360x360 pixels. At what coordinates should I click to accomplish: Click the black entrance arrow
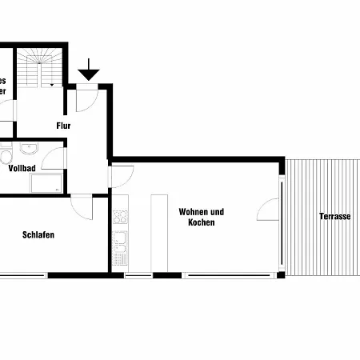point(88,71)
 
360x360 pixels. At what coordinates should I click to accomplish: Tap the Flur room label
point(64,126)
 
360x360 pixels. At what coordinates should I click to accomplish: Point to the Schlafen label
point(38,234)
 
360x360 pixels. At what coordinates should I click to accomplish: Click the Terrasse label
point(334,217)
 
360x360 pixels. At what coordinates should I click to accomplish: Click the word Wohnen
point(194,212)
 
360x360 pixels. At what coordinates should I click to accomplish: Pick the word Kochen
point(202,222)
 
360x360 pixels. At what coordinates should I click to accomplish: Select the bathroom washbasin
point(30,149)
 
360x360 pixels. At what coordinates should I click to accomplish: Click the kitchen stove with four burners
point(120,216)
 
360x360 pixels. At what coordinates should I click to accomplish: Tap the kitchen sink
point(120,240)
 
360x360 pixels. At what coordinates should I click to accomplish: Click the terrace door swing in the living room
point(268,210)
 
